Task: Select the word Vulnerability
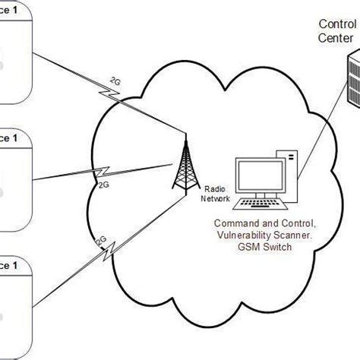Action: [x=241, y=235]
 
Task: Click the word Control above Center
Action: [x=336, y=24]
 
